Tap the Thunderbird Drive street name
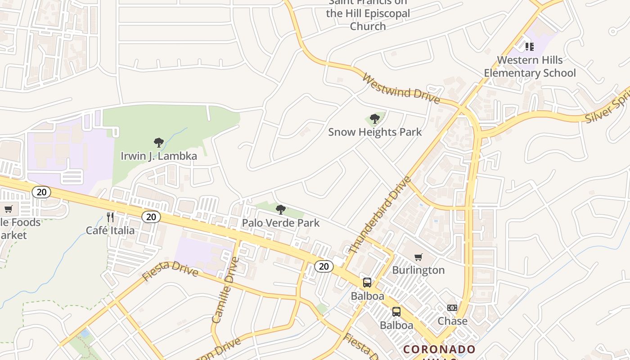[380, 215]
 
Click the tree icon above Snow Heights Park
[374, 119]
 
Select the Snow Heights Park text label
[375, 132]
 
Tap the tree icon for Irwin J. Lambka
[158, 143]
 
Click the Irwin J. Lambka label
[159, 156]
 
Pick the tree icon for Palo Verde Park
[281, 210]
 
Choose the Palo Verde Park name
[281, 223]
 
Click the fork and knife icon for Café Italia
[110, 218]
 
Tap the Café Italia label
[110, 230]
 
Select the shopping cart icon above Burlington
[418, 257]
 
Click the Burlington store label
[418, 270]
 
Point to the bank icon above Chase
[452, 308]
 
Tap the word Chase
[453, 321]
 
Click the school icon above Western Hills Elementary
[530, 46]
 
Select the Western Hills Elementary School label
[530, 66]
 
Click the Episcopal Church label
[368, 13]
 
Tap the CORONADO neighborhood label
[439, 349]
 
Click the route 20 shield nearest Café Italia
[151, 217]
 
